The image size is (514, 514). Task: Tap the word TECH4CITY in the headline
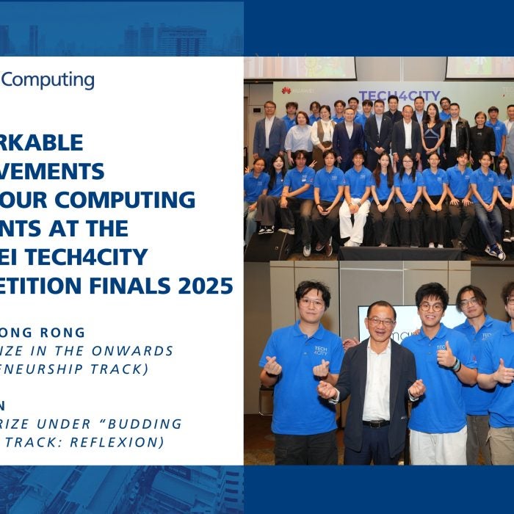[x=103, y=256]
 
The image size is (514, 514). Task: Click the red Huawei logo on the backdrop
[x=286, y=91]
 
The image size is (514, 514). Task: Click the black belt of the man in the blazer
[x=377, y=424]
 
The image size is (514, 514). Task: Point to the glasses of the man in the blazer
[x=380, y=321]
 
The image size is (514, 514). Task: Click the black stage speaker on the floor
[x=267, y=246]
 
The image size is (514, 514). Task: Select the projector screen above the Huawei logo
[x=300, y=68]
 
